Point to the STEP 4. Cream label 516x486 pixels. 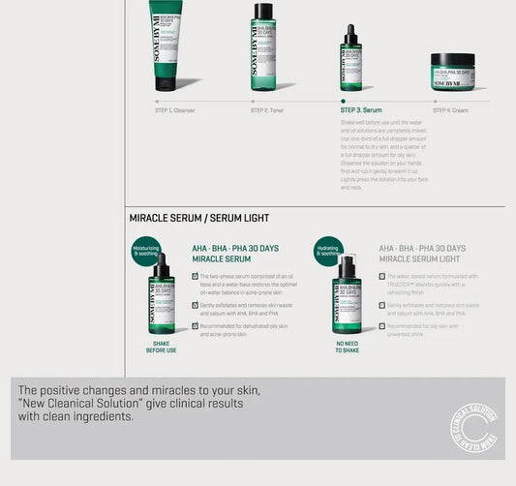coord(450,110)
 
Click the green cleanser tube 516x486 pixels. coord(166,44)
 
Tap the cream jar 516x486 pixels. coord(453,71)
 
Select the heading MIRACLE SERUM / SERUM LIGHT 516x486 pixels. coord(199,218)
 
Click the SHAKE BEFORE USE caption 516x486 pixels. coord(161,347)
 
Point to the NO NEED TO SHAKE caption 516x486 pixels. coord(348,347)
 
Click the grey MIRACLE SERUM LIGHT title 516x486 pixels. coord(422,259)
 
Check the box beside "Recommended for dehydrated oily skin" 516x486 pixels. coord(195,325)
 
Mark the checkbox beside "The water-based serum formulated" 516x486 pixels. coord(381,276)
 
